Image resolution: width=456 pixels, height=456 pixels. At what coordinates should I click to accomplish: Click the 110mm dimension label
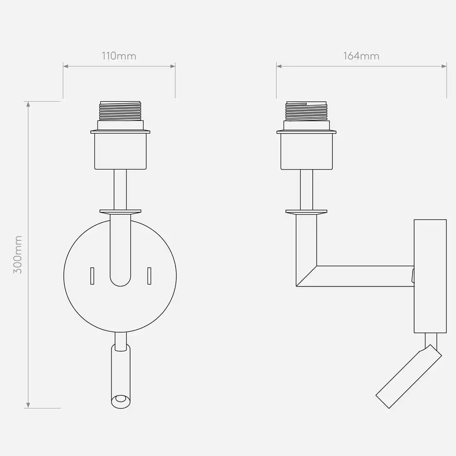coord(119,56)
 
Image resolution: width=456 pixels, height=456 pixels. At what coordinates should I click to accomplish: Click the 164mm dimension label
coord(361,56)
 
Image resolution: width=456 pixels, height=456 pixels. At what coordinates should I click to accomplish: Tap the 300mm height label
coord(18,255)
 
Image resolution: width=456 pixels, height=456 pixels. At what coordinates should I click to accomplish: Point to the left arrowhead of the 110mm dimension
coord(66,66)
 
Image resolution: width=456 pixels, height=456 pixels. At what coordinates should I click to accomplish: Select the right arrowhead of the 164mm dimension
coord(444,66)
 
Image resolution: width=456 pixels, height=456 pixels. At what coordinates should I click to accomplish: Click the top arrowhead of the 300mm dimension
coord(28,104)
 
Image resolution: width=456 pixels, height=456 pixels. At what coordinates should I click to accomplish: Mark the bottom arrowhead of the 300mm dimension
coord(28,405)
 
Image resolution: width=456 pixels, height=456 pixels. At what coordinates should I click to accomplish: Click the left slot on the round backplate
coord(92,276)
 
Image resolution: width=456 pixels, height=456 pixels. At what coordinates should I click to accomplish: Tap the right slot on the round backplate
coord(149,276)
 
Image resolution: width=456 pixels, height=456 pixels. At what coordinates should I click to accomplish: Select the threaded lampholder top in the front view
coord(120,111)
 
